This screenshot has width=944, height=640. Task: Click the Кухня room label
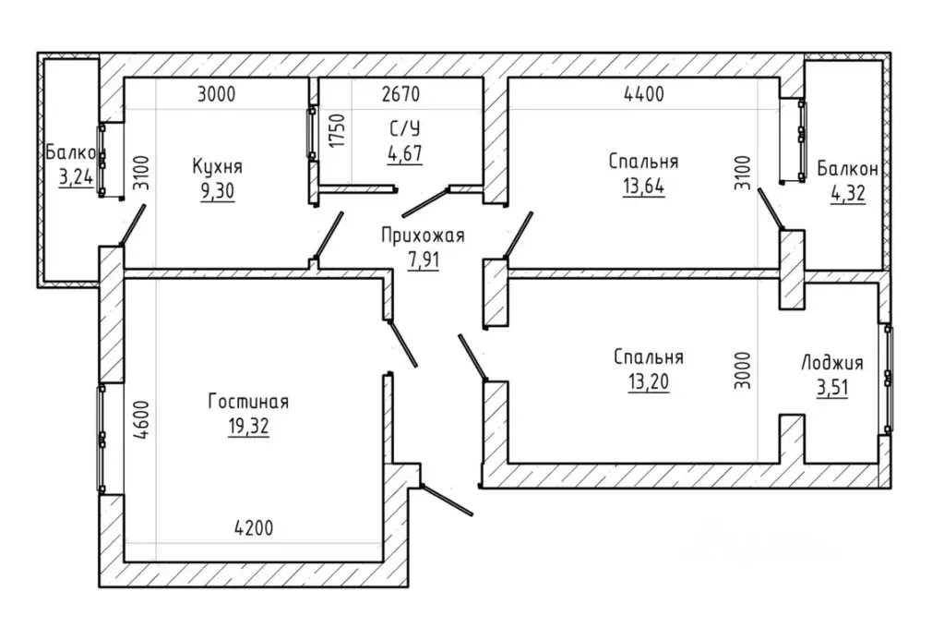click(218, 166)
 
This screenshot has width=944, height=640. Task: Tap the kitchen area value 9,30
click(218, 191)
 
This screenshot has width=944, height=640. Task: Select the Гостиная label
click(248, 402)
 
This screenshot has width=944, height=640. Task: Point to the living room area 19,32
click(248, 427)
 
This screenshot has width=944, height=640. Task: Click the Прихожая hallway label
click(424, 235)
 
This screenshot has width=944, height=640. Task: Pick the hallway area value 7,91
click(424, 260)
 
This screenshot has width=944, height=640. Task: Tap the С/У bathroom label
click(404, 128)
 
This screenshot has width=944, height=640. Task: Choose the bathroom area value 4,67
click(404, 153)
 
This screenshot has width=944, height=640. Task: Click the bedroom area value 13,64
click(643, 187)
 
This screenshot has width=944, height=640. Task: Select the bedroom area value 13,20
click(649, 382)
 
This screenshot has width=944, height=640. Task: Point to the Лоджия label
click(832, 363)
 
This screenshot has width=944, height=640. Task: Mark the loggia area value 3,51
click(832, 388)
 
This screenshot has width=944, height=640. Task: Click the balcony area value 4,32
click(848, 194)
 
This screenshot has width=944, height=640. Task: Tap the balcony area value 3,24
click(76, 177)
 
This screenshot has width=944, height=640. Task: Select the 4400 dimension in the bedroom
click(644, 94)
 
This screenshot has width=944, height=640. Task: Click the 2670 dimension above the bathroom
click(401, 94)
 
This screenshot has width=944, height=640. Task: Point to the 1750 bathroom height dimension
click(338, 131)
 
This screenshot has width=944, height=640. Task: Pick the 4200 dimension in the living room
click(254, 528)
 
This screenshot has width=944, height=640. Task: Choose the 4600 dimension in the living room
click(141, 420)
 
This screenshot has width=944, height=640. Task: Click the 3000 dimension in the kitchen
click(217, 94)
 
